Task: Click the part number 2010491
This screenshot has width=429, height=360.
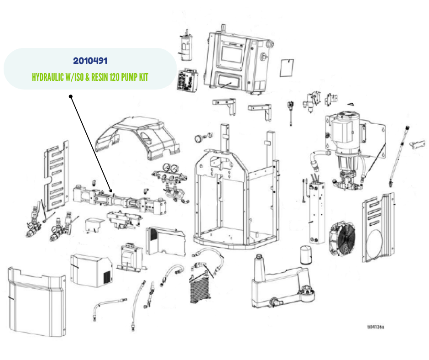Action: [x=90, y=60]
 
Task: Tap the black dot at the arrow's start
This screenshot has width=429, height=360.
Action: [x=70, y=96]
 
